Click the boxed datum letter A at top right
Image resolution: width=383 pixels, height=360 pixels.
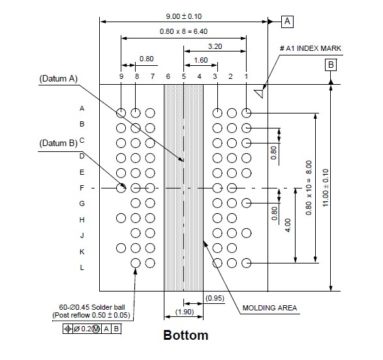[287, 22]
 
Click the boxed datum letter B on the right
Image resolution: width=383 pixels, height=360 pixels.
[331, 65]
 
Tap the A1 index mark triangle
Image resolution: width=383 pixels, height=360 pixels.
[260, 94]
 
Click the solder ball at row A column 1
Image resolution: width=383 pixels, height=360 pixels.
[246, 113]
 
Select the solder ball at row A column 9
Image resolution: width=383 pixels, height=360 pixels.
[121, 113]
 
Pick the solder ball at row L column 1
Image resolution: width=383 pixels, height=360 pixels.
[246, 263]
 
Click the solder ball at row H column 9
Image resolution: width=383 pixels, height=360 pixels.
[121, 218]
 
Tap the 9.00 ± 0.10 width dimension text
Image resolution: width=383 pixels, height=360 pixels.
[184, 16]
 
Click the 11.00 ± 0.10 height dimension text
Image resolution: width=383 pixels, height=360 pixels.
[326, 188]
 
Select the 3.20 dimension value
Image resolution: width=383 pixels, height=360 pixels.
[215, 46]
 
